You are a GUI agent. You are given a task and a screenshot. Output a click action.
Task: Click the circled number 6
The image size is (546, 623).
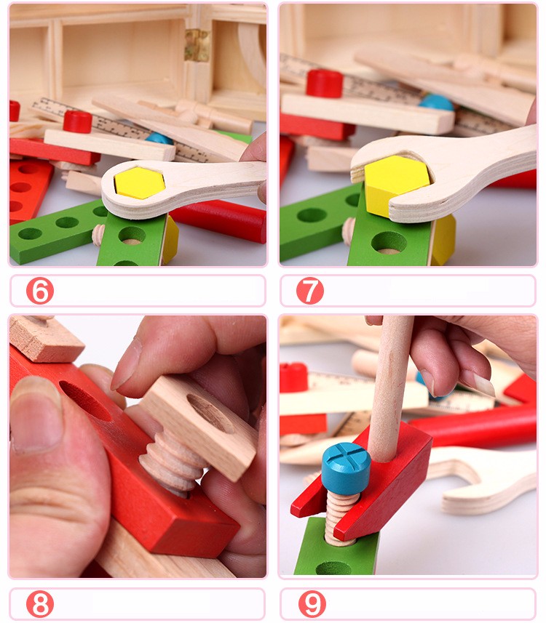click(40, 291)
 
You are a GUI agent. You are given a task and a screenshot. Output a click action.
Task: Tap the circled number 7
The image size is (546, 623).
click(310, 291)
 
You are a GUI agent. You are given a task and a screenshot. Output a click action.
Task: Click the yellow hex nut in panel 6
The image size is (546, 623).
click(139, 182)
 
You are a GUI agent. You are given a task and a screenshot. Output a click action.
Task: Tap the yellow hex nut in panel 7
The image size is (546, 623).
click(395, 186)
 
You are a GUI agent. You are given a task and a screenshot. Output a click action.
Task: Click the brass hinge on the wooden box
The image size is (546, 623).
click(197, 45)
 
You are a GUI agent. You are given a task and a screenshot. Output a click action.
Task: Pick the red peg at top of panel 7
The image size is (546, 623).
click(324, 83)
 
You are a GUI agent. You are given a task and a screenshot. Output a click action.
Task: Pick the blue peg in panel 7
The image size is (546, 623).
click(436, 103)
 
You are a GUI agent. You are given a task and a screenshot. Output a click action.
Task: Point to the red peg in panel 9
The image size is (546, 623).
click(294, 377)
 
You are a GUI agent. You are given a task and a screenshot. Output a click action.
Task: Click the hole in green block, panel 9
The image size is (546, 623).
click(333, 566)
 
